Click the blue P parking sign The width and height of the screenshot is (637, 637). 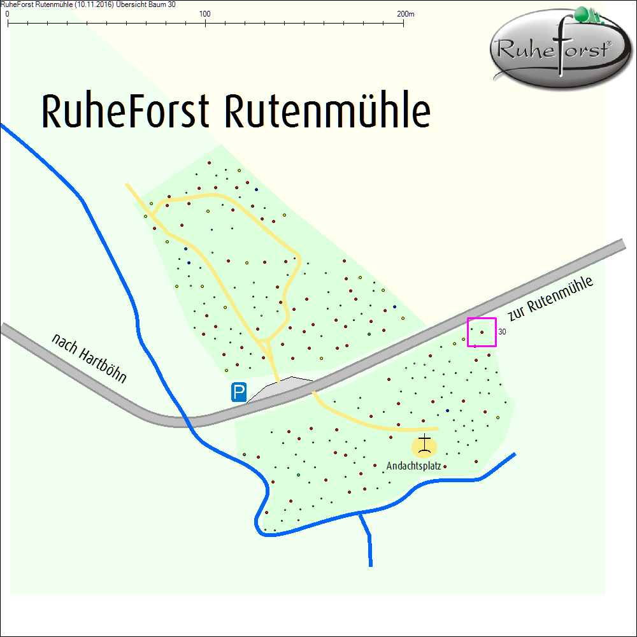[239, 392]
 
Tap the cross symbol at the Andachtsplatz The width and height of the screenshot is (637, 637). [425, 443]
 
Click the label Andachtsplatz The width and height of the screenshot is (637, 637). [413, 466]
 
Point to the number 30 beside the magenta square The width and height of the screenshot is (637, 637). [502, 332]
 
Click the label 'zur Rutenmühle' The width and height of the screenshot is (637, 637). [551, 299]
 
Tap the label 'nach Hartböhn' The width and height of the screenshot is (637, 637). [89, 358]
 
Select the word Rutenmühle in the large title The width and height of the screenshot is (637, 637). [327, 112]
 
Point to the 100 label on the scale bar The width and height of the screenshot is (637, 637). [205, 13]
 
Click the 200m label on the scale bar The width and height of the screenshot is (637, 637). [405, 13]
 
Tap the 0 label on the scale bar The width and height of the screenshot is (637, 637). [7, 13]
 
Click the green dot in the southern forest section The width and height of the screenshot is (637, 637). [298, 475]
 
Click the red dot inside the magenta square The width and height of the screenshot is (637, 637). [482, 332]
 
